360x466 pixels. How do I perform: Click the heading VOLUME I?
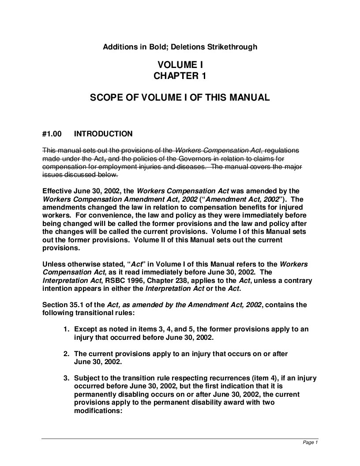180,65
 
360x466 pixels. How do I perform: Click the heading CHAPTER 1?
180,76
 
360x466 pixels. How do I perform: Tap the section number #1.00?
52,134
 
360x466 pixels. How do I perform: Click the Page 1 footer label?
310,443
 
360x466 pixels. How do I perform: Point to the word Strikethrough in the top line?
235,46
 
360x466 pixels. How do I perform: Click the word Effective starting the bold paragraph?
57,191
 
